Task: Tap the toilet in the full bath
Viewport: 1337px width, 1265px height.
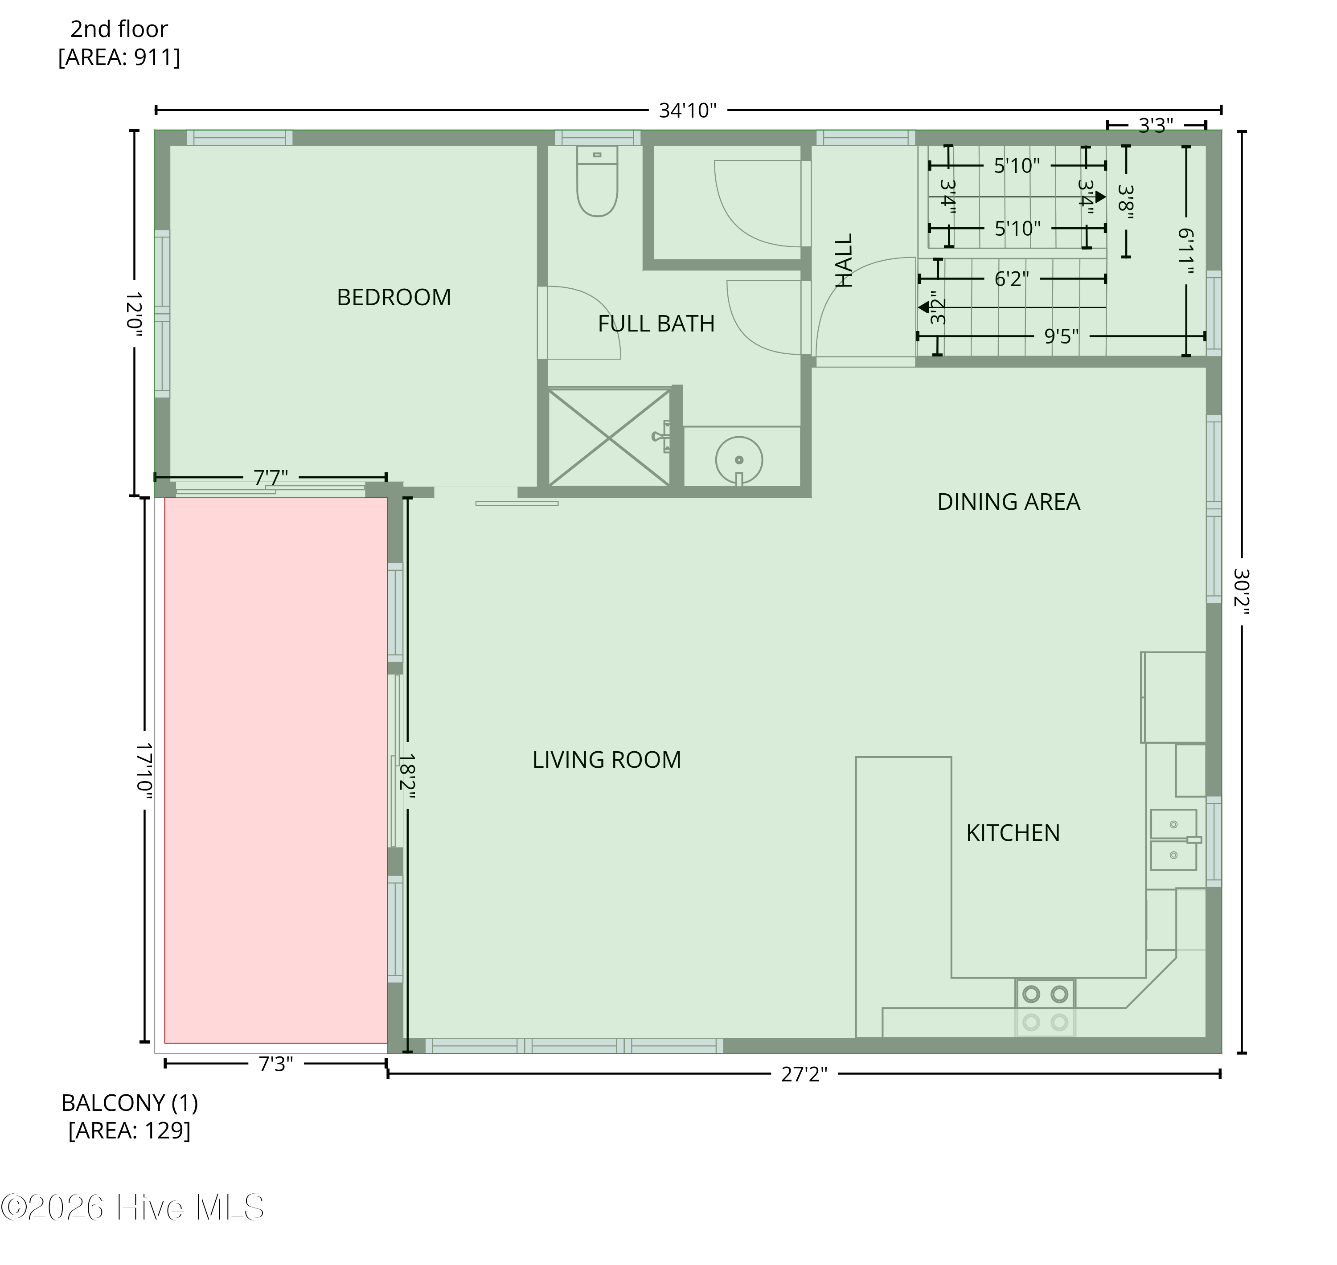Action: click(597, 182)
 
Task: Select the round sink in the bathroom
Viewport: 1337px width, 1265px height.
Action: click(738, 460)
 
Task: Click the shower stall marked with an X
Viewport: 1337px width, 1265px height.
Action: click(609, 438)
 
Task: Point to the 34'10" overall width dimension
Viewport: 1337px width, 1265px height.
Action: click(687, 110)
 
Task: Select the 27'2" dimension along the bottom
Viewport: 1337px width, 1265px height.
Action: click(804, 1074)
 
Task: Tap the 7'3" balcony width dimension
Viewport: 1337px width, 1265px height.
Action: click(275, 1064)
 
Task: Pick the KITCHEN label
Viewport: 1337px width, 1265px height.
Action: click(1013, 833)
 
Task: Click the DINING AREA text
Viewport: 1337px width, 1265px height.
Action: click(1009, 502)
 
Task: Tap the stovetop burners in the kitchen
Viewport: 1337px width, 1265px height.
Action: click(1045, 994)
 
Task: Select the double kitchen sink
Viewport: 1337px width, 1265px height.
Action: click(1173, 839)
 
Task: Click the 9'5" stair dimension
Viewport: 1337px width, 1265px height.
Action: click(1061, 336)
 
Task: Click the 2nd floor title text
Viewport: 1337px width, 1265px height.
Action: click(119, 29)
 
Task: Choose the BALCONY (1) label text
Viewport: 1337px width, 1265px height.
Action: click(130, 1102)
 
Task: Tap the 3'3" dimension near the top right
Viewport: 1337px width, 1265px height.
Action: click(1156, 125)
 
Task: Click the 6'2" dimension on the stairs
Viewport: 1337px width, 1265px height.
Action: click(1011, 278)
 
